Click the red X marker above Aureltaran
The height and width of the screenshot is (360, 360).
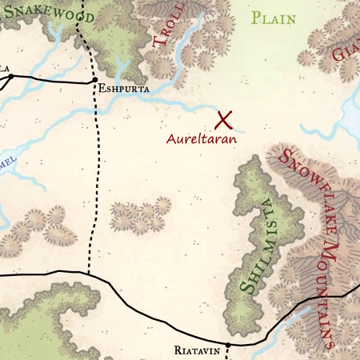tap(224, 120)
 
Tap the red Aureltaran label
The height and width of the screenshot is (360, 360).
tap(202, 138)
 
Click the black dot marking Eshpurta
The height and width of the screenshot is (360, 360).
tap(94, 81)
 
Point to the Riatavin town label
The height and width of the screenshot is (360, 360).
tap(195, 350)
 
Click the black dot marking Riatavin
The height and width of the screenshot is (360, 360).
tap(227, 345)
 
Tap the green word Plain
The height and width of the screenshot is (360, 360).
tap(273, 18)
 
